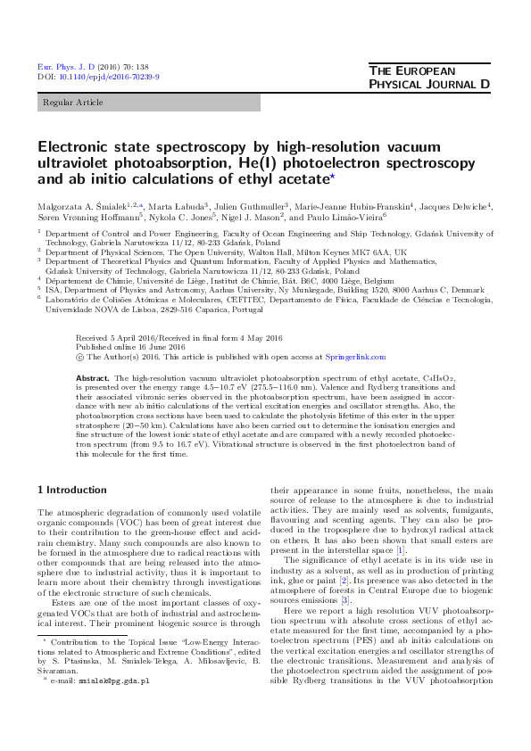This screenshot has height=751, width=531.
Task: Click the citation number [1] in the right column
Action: pyautogui.click(x=402, y=550)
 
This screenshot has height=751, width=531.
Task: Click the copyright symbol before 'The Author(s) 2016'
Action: pyautogui.click(x=80, y=357)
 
